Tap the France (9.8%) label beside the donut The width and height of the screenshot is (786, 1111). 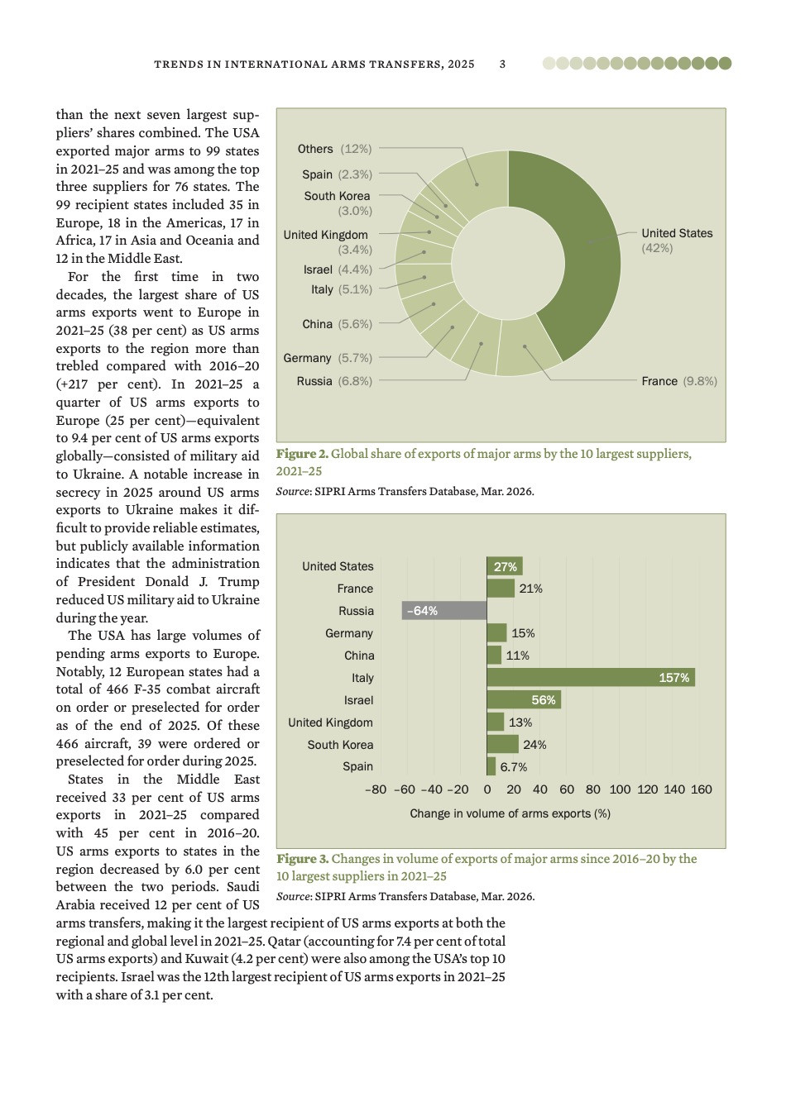[678, 381]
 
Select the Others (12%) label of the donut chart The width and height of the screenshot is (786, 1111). [334, 149]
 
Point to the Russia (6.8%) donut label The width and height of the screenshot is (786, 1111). [334, 381]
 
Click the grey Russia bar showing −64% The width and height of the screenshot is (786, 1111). [444, 611]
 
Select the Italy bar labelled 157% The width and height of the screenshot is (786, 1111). [591, 678]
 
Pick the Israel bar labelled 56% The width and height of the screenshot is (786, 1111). [524, 700]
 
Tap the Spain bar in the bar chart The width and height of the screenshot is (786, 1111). [491, 767]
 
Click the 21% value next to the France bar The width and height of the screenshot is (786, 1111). [530, 589]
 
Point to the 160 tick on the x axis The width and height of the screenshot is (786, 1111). [702, 789]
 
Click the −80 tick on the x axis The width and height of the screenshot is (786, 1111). [376, 789]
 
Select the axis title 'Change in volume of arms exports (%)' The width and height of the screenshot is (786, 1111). [510, 813]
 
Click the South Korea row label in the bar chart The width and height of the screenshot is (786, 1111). [340, 745]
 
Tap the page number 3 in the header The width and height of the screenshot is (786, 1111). [503, 64]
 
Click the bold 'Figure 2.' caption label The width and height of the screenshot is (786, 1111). [302, 454]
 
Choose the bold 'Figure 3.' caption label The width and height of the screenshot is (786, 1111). [302, 859]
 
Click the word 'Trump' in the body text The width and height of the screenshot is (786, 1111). [239, 582]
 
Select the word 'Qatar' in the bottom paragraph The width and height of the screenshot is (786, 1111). [283, 942]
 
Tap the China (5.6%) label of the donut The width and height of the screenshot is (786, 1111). [337, 324]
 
